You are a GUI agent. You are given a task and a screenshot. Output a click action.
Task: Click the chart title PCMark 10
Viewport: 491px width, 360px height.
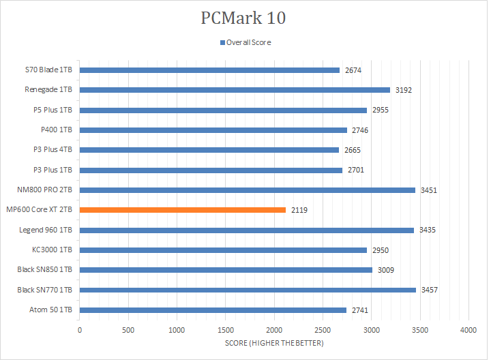243,18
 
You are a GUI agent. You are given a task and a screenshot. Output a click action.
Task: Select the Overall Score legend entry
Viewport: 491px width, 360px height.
245,42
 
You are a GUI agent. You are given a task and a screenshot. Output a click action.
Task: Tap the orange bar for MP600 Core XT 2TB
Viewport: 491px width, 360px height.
183,210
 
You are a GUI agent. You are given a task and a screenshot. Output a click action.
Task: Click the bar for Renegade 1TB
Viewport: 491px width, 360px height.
235,90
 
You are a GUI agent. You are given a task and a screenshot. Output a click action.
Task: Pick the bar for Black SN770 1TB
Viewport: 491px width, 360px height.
248,290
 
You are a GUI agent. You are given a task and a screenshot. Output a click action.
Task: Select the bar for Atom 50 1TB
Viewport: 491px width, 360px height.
213,310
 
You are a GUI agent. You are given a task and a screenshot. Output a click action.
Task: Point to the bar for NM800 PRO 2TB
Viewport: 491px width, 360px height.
248,190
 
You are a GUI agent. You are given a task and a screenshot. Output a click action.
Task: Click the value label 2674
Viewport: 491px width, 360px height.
353,70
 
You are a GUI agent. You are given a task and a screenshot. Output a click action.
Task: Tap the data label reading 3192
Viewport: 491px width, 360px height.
403,90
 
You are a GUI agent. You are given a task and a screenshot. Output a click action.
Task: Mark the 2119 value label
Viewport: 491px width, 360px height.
299,210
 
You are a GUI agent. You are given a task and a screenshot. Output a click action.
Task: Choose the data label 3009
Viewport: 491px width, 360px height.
385,270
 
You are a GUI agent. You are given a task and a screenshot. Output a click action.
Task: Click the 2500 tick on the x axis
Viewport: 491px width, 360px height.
323,331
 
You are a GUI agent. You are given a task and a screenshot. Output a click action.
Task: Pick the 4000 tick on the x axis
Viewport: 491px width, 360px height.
468,331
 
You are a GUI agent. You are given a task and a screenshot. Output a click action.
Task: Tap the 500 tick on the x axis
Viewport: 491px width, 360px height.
128,331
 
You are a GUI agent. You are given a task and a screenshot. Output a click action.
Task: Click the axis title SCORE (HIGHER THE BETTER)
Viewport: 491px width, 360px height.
273,343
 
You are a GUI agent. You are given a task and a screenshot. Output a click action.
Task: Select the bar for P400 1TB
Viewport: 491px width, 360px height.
213,130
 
